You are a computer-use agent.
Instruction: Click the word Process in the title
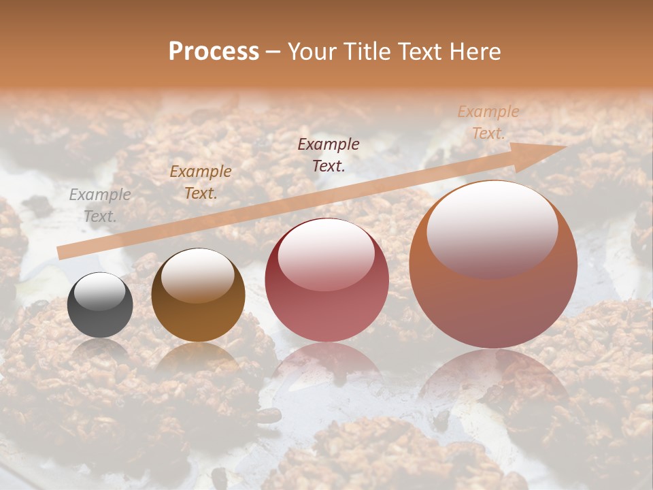214,52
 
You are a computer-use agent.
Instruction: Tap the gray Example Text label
100,206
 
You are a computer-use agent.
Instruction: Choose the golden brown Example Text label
200,182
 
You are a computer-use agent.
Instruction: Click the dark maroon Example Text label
329,154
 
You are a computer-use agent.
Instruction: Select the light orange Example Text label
488,122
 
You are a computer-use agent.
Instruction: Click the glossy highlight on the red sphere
326,253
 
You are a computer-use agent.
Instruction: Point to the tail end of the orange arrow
61,252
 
